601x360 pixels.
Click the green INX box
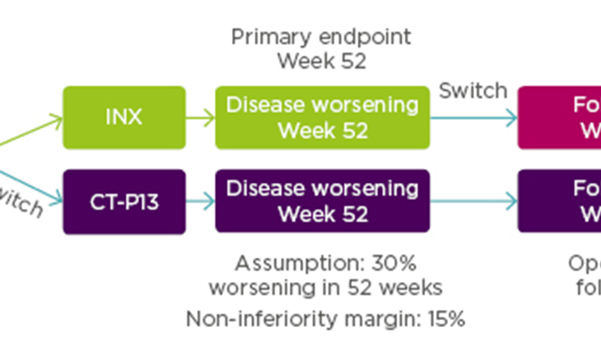pyautogui.click(x=124, y=118)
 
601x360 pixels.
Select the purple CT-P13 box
pyautogui.click(x=124, y=202)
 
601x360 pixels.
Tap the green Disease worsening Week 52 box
pyautogui.click(x=322, y=118)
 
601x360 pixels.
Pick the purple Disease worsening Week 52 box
pyautogui.click(x=322, y=201)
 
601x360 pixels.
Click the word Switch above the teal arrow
pyautogui.click(x=473, y=91)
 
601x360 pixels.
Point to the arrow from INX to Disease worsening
pyautogui.click(x=200, y=118)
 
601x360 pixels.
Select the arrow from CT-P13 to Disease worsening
pyautogui.click(x=200, y=202)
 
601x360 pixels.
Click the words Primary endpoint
pyautogui.click(x=321, y=37)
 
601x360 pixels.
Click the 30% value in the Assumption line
pyautogui.click(x=394, y=264)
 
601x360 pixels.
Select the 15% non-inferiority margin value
pyautogui.click(x=446, y=320)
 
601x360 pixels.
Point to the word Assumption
pyautogui.click(x=300, y=264)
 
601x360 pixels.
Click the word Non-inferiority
pyautogui.click(x=261, y=320)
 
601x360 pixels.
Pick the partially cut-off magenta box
pyautogui.click(x=559, y=118)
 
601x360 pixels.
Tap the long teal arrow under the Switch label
pyautogui.click(x=473, y=118)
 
